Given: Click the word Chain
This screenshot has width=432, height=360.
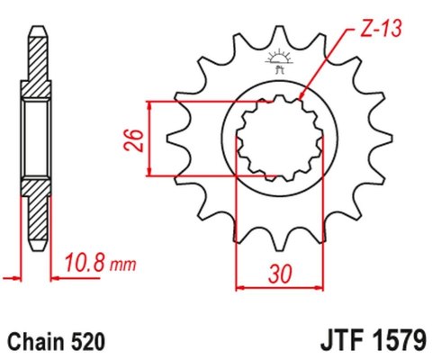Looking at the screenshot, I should pos(36,342).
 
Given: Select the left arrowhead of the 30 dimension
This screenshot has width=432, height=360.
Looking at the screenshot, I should pos(238,289).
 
